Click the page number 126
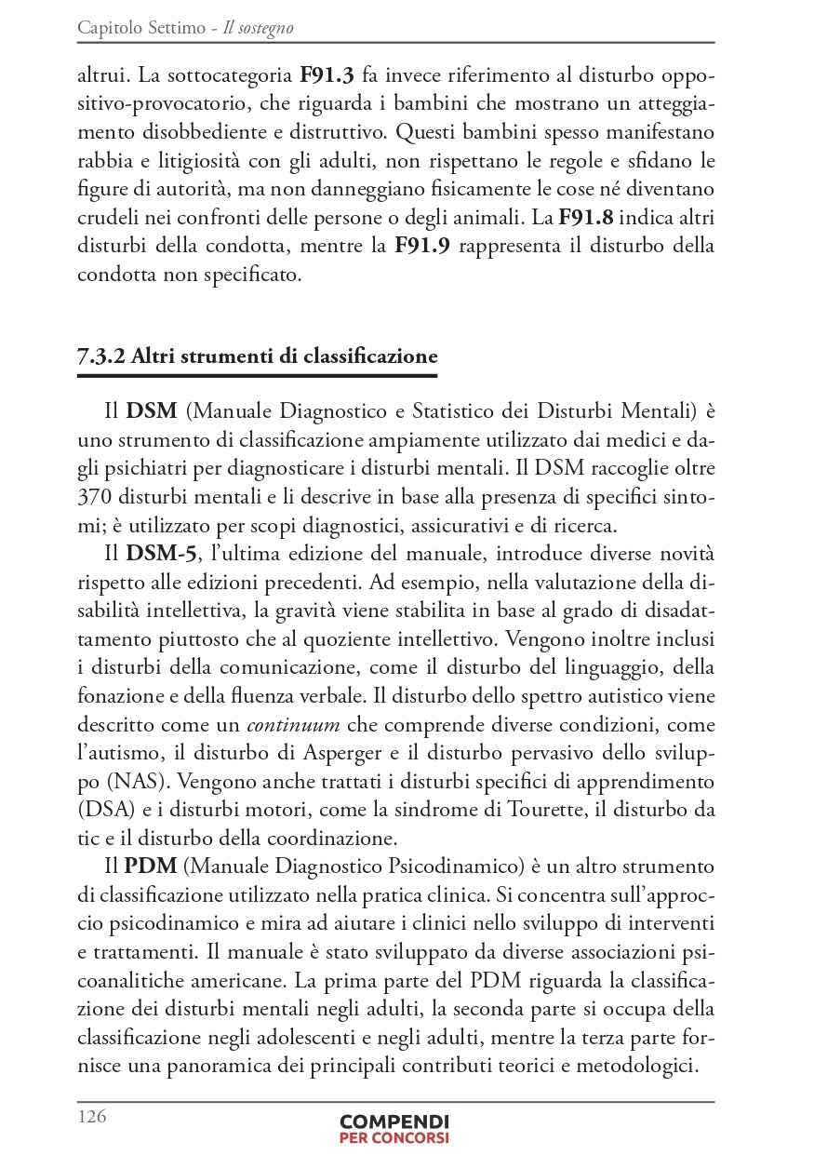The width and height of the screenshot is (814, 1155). [92, 1117]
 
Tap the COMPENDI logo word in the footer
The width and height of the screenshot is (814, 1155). [394, 1121]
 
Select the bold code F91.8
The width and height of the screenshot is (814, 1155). [588, 219]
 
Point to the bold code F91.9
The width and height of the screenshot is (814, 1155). [424, 247]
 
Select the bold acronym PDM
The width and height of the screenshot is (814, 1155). [151, 866]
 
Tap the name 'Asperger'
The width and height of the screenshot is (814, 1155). [367, 752]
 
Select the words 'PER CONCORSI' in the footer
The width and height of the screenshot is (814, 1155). [394, 1138]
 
